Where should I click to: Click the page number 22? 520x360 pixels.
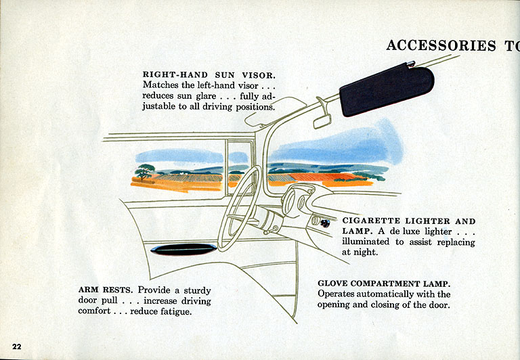(17, 346)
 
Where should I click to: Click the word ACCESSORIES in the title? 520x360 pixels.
(441, 45)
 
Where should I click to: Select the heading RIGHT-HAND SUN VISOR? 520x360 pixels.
(209, 74)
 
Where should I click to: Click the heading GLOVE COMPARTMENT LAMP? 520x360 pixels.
(384, 283)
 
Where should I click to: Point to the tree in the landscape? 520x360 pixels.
(144, 172)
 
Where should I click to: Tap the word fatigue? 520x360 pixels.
(174, 312)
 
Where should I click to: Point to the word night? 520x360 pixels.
(364, 252)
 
